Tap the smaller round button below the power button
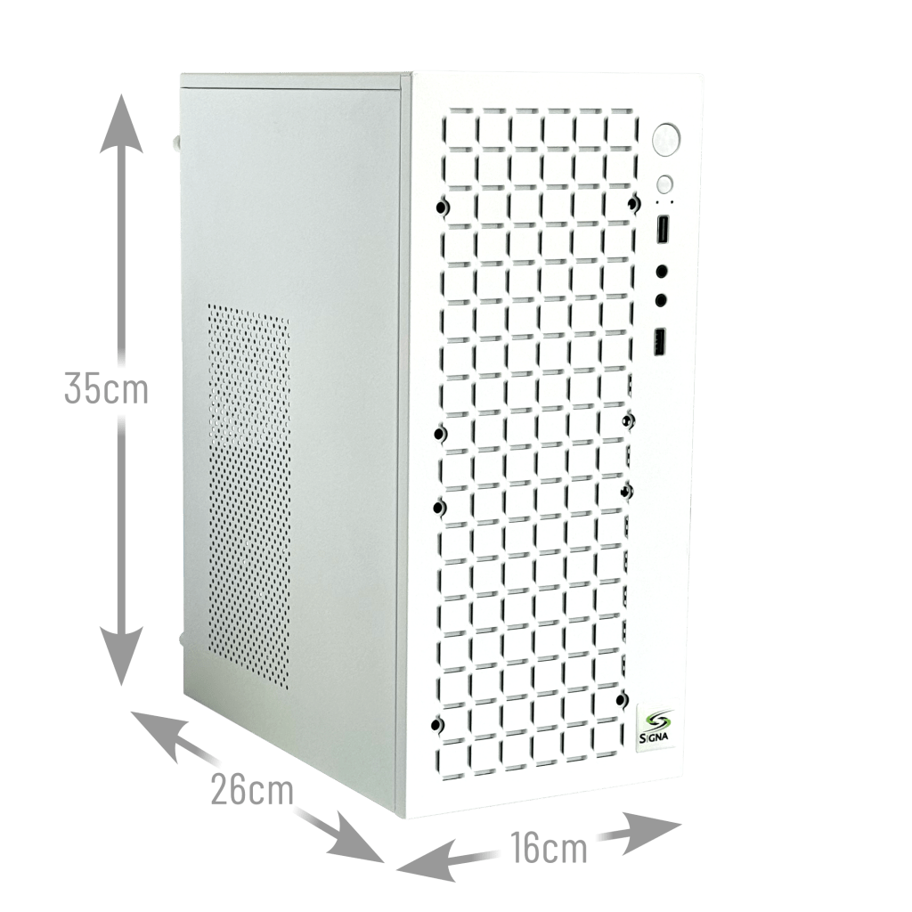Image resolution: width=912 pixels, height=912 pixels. pyautogui.click(x=665, y=185)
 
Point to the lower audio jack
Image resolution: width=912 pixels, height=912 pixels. pyautogui.click(x=663, y=301)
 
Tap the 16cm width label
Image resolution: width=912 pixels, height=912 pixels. pyautogui.click(x=550, y=847)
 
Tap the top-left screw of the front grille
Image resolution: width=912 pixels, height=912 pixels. pyautogui.click(x=443, y=208)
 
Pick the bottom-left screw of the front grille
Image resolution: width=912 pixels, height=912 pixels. pyautogui.click(x=436, y=724)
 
